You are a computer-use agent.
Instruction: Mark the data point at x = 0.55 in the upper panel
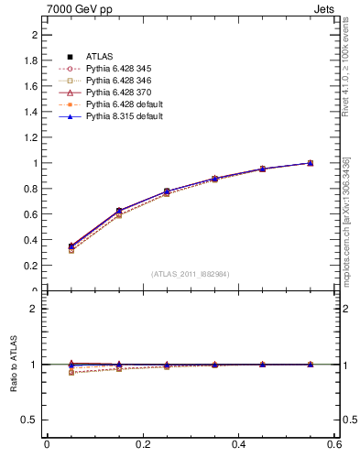coord(310,163)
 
